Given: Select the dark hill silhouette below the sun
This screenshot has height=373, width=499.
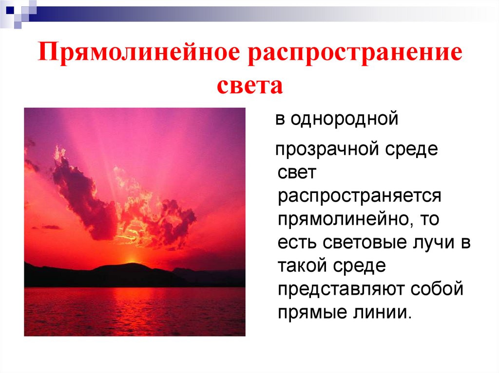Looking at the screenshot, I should pyautogui.click(x=122, y=275).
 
